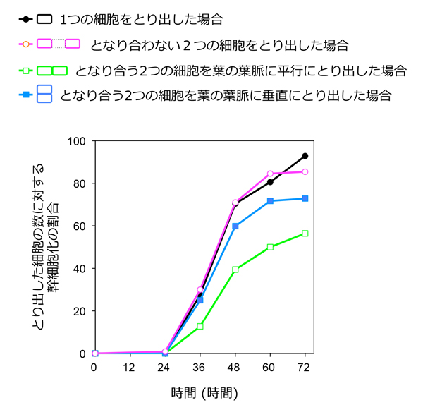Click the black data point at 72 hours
click(x=305, y=156)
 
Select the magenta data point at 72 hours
click(x=305, y=171)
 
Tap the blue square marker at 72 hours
click(x=305, y=198)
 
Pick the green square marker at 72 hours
click(x=305, y=234)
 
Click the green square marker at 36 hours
click(x=200, y=327)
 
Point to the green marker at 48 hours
click(x=235, y=270)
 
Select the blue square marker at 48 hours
click(x=235, y=226)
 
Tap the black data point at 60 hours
click(x=270, y=182)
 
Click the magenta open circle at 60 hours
click(x=270, y=174)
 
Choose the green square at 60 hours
click(x=270, y=247)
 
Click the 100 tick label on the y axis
click(x=76, y=141)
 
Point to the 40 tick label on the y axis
click(x=79, y=269)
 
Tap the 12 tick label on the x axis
click(x=130, y=368)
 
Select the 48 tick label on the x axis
click(x=235, y=368)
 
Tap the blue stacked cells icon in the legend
click(x=44, y=94)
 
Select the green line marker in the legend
click(x=26, y=71)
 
